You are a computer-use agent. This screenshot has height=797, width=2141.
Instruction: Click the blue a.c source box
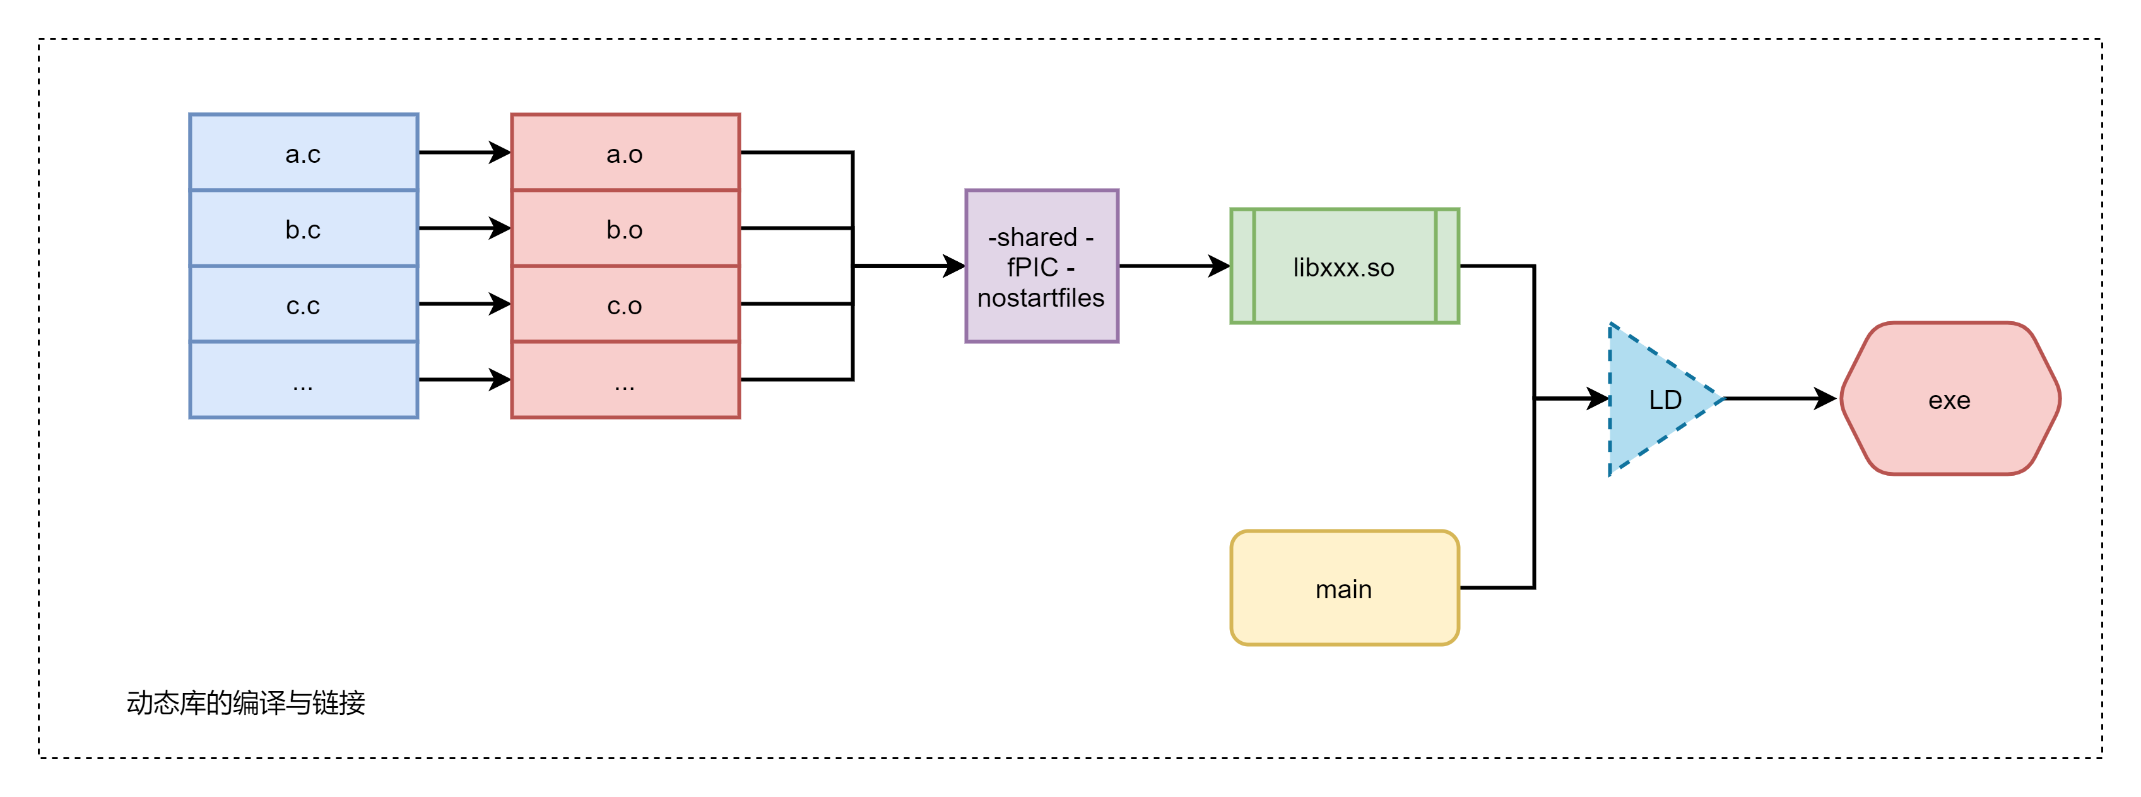[x=304, y=153]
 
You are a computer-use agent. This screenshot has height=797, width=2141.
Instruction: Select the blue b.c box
[x=304, y=228]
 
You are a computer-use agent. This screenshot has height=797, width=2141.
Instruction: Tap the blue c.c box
[x=304, y=305]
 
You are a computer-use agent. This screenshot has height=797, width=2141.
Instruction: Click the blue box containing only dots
[x=304, y=380]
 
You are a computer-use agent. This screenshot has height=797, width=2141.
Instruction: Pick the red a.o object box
[x=625, y=153]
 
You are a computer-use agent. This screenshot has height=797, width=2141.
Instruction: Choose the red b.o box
[x=625, y=228]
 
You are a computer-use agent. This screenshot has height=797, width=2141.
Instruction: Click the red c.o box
[x=625, y=305]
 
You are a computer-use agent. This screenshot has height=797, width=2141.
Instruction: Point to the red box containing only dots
[x=625, y=380]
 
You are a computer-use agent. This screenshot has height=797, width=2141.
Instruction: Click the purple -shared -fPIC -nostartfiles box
[x=1041, y=266]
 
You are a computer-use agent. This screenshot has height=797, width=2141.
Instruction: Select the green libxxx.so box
[x=1344, y=266]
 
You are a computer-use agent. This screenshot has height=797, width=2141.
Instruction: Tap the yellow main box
[x=1344, y=588]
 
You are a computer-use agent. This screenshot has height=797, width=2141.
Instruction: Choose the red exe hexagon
[x=1950, y=399]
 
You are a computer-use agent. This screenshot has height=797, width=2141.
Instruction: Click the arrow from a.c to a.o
[x=464, y=153]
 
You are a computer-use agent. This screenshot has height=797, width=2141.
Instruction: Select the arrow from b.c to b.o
[x=464, y=228]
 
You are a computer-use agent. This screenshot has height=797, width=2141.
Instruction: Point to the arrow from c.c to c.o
[x=464, y=304]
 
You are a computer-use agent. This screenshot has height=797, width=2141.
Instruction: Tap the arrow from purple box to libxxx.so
[x=1174, y=266]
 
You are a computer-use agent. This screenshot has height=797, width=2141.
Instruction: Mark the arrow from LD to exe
[x=1779, y=399]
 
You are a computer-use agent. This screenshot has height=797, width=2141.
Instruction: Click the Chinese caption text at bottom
[x=246, y=703]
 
